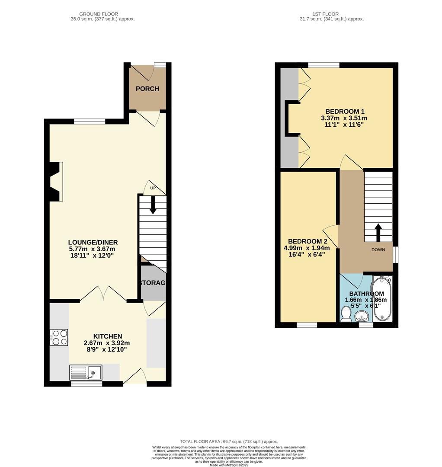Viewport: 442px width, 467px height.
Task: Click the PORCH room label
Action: pyautogui.click(x=147, y=89)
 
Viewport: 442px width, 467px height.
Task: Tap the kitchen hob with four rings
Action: pyautogui.click(x=60, y=337)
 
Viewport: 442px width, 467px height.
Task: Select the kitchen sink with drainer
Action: pyautogui.click(x=86, y=373)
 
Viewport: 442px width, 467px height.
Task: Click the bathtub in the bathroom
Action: pyautogui.click(x=382, y=299)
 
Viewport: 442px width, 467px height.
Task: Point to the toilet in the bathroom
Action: pyautogui.click(x=346, y=314)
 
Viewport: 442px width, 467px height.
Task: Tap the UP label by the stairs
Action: pyautogui.click(x=153, y=189)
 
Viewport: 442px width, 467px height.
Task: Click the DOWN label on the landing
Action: pyautogui.click(x=378, y=250)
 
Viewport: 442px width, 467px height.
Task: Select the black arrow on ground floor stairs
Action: pyautogui.click(x=153, y=205)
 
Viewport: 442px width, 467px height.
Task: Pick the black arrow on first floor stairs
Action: pyautogui.click(x=378, y=232)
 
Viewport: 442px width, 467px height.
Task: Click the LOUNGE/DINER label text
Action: pyautogui.click(x=93, y=242)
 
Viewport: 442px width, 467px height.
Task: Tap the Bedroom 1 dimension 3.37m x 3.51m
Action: pyautogui.click(x=344, y=118)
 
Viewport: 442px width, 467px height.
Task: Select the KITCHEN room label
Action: pyautogui.click(x=108, y=336)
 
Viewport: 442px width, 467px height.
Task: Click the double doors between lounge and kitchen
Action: pyautogui.click(x=103, y=294)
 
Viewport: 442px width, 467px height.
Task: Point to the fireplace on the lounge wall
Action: pyautogui.click(x=55, y=182)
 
